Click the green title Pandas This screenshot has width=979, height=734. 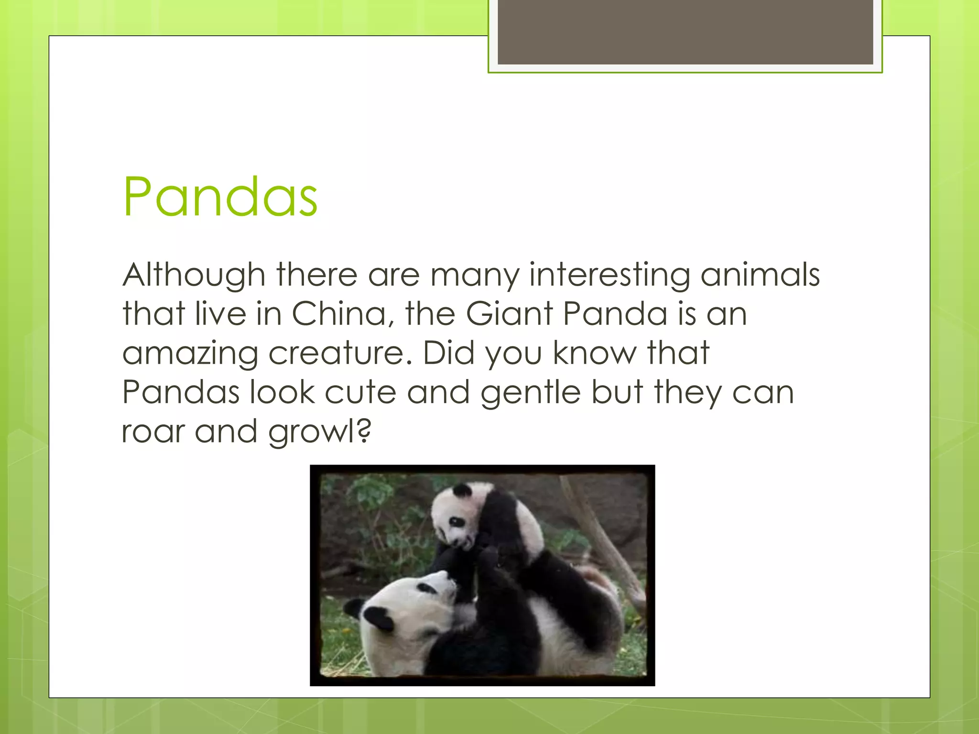[220, 197]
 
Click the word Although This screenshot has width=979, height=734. [194, 275]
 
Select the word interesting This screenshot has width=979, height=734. [609, 275]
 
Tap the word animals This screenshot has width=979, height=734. [760, 275]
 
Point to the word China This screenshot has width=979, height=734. [342, 314]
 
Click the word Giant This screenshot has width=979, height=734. [509, 314]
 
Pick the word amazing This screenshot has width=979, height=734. [190, 354]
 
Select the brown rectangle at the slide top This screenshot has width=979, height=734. [685, 32]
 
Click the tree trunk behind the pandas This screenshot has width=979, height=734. [605, 540]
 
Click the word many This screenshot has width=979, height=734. [474, 275]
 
